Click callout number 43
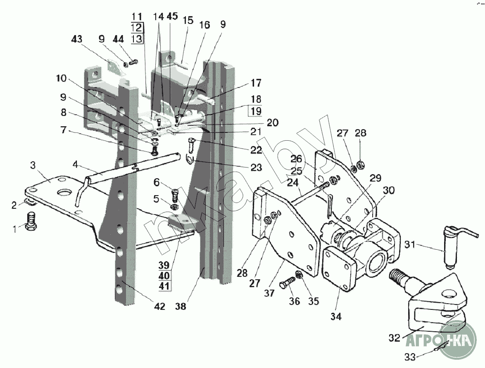(x=77, y=39)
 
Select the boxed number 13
(x=137, y=39)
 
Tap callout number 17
(x=256, y=83)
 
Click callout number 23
(x=256, y=167)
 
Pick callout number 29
(x=376, y=178)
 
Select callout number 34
(x=336, y=316)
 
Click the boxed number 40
(x=164, y=275)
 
